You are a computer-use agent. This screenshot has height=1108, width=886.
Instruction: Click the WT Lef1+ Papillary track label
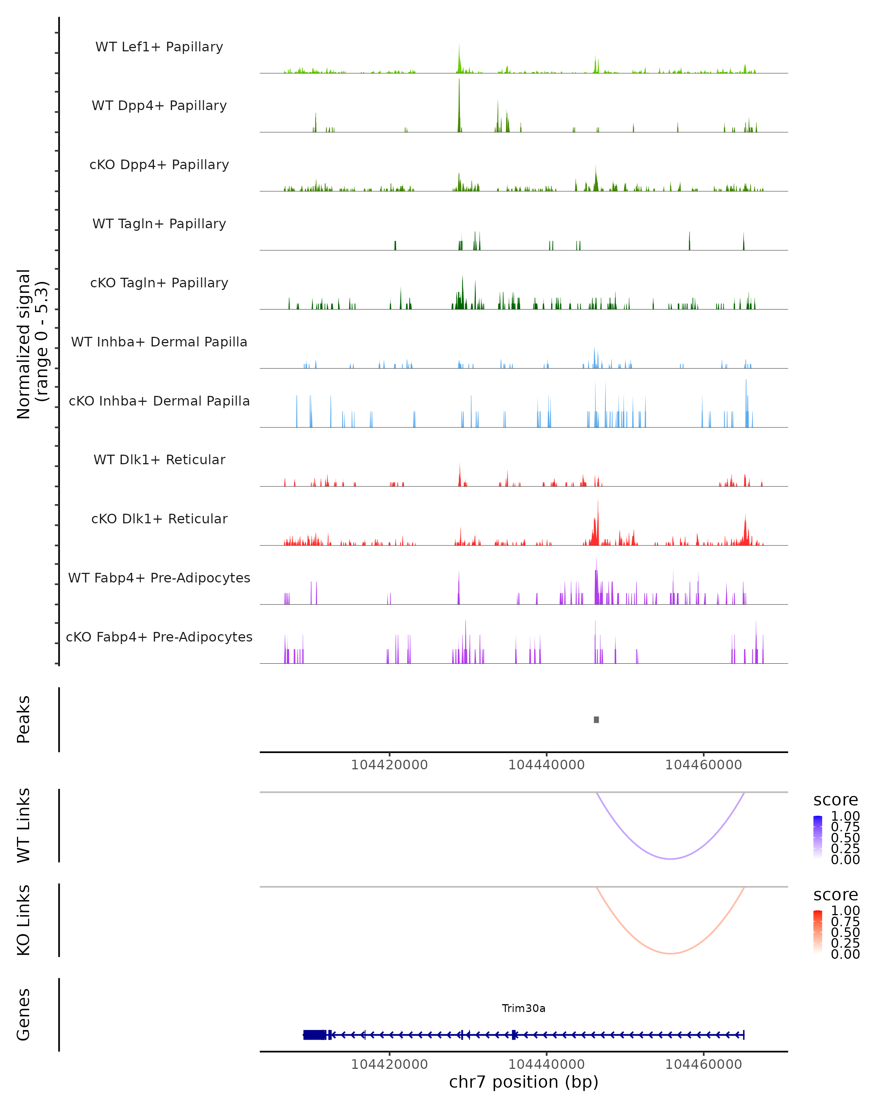159,47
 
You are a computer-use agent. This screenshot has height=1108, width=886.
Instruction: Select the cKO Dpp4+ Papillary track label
159,165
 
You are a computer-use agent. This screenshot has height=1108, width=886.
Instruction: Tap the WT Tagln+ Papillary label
159,224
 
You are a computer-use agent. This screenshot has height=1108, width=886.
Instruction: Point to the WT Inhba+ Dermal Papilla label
159,342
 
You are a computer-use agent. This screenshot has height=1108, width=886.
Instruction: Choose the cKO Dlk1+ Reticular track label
159,519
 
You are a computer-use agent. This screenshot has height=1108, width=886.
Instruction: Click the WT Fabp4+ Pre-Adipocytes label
159,578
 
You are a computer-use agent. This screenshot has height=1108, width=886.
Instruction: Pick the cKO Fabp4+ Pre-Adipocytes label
159,637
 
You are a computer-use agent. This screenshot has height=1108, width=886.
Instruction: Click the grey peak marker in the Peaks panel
596,720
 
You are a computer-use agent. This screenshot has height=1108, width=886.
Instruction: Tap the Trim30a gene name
523,1008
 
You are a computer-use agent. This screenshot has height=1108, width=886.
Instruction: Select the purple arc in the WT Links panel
670,859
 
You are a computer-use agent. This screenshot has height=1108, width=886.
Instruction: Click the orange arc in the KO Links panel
670,953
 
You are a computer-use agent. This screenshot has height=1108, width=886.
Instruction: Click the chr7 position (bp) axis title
523,1082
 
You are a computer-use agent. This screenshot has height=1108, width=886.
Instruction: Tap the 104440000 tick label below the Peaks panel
546,765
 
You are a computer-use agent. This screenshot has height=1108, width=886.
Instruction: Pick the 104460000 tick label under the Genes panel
703,1064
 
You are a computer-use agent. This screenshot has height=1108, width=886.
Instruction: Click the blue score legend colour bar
818,837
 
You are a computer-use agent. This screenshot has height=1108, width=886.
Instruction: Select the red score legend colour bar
818,931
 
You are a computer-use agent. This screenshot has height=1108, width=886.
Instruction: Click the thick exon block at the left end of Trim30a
314,1035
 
